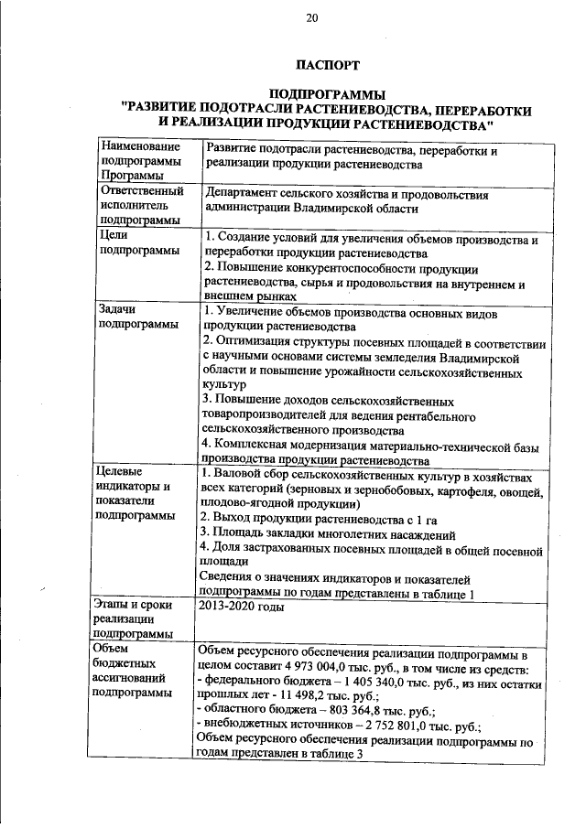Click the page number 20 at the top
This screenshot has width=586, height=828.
pyautogui.click(x=311, y=17)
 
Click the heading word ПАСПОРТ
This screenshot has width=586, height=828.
pyautogui.click(x=327, y=65)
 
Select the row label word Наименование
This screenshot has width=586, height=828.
pyautogui.click(x=138, y=147)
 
